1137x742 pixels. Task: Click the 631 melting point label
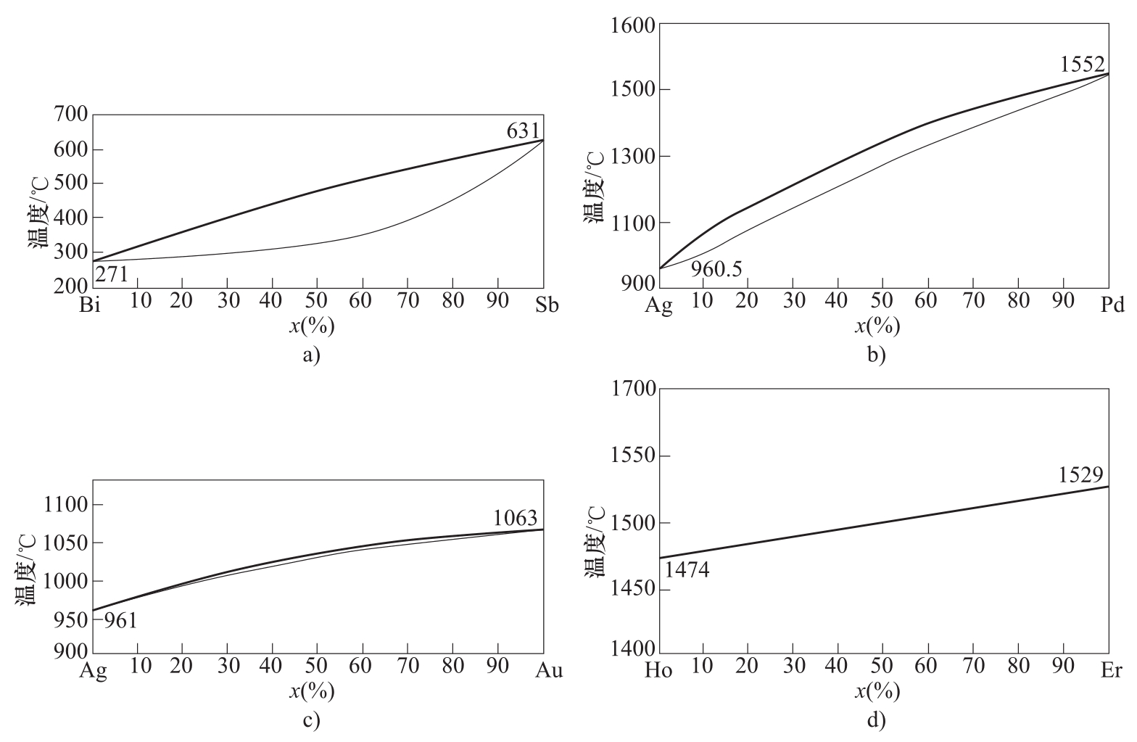(523, 131)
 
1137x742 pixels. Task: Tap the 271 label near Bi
(111, 274)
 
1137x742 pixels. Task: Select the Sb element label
(547, 305)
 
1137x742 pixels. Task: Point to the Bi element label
(92, 305)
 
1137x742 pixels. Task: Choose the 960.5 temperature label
(716, 269)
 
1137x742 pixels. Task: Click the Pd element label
(1112, 305)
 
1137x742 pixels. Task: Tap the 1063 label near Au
(516, 518)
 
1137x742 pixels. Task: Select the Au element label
(548, 671)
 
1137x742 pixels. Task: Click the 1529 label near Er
(1080, 475)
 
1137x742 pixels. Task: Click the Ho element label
(658, 671)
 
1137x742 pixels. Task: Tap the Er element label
(1112, 671)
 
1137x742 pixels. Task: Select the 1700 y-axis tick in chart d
(634, 389)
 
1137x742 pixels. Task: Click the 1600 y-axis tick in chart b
(634, 25)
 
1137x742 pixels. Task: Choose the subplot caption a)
(311, 355)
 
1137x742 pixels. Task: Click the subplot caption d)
(877, 720)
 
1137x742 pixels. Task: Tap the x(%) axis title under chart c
(312, 692)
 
